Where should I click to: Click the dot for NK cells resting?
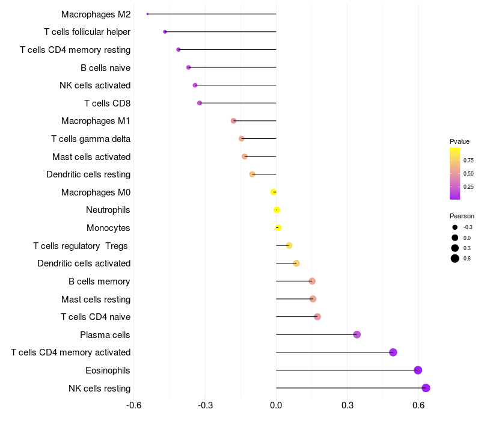426,388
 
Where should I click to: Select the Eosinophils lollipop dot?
418,370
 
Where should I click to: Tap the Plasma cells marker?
357,335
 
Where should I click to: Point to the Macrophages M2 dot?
147,14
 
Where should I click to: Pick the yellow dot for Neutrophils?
277,210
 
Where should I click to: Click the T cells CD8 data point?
200,103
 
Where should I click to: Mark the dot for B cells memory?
312,281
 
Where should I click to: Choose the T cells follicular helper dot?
165,32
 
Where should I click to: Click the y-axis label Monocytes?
108,228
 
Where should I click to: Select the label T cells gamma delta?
91,139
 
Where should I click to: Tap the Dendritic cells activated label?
84,263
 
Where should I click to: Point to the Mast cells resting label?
96,299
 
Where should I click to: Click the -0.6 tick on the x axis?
133,405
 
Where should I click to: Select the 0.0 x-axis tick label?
276,405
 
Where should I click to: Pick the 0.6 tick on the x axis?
418,405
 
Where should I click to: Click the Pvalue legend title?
459,141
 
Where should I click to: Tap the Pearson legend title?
462,216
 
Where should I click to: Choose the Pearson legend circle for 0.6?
455,259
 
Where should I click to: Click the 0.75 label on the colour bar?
468,161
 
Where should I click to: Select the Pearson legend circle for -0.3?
455,227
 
